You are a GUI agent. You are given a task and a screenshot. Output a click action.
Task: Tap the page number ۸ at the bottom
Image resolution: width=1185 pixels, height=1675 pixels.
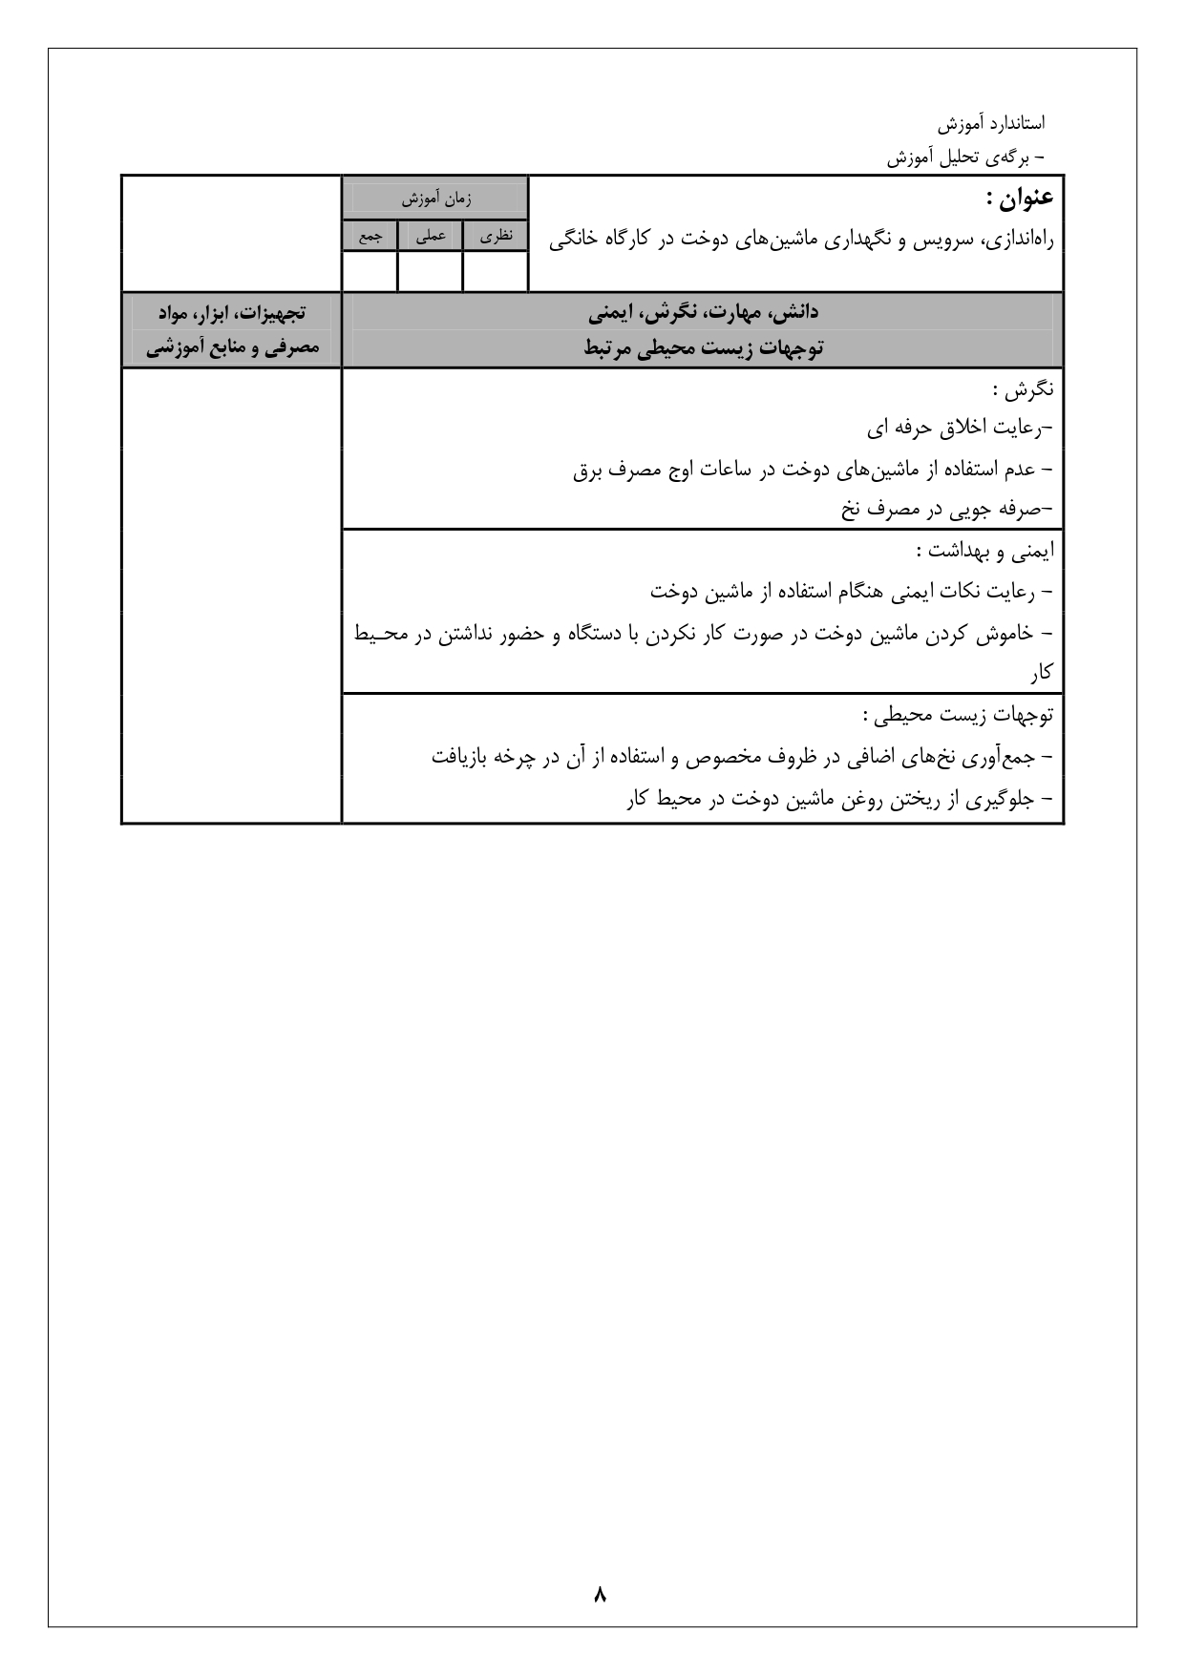pos(600,1594)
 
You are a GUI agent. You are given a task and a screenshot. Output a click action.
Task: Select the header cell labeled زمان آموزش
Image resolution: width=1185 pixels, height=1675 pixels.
pos(435,199)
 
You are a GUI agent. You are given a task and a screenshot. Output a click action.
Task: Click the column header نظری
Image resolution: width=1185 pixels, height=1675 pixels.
pos(495,236)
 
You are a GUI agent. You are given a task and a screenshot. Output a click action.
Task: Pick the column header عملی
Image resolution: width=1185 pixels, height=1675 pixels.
pos(430,236)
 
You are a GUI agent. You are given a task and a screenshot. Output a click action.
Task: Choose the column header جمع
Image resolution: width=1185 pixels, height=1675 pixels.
pos(370,236)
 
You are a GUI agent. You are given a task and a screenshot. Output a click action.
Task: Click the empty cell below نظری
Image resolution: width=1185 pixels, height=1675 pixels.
pos(495,271)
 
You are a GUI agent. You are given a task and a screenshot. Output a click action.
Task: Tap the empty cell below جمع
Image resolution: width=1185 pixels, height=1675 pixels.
pos(370,271)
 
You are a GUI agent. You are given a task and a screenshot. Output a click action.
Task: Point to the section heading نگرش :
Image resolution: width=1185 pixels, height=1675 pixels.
pos(1022,389)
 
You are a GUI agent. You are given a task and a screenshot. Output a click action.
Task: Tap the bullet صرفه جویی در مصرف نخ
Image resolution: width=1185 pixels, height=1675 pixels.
pos(945,510)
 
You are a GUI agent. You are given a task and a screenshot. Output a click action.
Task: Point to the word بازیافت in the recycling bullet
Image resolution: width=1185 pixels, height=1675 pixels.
pos(458,758)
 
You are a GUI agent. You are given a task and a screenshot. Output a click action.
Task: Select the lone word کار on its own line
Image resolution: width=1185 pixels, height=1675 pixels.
pos(1041,674)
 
